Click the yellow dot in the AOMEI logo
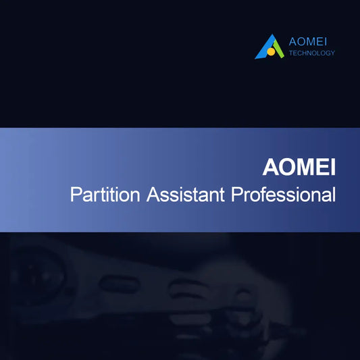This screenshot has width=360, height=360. (270, 51)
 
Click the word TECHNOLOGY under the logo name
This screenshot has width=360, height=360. (311, 53)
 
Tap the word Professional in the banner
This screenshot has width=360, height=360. (284, 195)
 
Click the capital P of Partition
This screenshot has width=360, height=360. (76, 195)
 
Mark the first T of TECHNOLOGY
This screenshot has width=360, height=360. (290, 53)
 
